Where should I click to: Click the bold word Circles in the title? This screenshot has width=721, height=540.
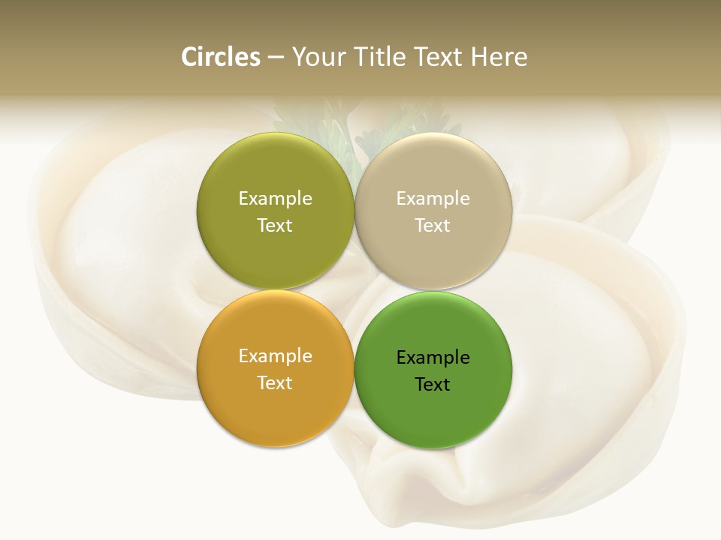point(221,57)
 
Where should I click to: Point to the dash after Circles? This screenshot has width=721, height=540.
point(275,58)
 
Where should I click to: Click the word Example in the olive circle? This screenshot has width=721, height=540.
point(275,198)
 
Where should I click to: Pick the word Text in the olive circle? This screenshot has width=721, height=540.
point(275,225)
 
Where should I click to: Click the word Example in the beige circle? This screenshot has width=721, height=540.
point(433,198)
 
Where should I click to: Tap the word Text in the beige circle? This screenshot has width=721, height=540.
point(433,225)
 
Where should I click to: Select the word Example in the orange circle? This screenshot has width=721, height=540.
point(275,355)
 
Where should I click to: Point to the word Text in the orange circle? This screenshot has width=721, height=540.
point(275,382)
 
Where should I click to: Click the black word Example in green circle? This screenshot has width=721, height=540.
point(433,357)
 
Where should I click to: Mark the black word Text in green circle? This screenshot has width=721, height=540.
point(433,384)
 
